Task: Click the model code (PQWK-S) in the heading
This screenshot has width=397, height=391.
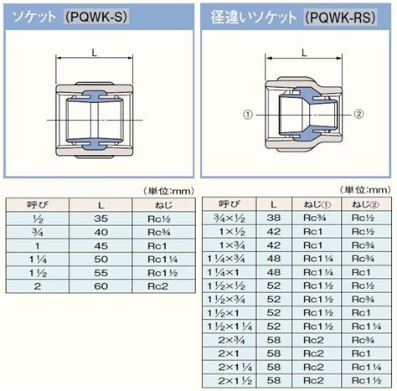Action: click(96, 17)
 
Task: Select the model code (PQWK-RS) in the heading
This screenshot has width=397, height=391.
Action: click(340, 18)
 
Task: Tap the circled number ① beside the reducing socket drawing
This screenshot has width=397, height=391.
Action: click(248, 115)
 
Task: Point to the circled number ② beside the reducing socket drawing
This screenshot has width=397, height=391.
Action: click(358, 114)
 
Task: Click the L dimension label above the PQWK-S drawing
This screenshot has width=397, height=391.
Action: click(95, 53)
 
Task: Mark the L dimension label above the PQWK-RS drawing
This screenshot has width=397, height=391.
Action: click(304, 52)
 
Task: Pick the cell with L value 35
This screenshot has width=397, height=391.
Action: click(101, 219)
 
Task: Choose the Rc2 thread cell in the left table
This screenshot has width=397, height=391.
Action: click(158, 286)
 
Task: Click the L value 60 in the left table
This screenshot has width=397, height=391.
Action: click(101, 286)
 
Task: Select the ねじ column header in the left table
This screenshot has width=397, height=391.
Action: click(164, 205)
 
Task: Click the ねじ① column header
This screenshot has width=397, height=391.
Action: click(317, 204)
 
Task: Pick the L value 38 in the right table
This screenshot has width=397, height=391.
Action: click(274, 218)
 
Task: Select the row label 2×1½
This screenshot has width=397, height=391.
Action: click(235, 381)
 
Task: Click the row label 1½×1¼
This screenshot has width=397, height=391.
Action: click(229, 327)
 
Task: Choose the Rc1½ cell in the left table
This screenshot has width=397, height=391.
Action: click(162, 273)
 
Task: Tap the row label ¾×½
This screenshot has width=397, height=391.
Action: click(229, 219)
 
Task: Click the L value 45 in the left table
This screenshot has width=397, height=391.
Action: click(101, 246)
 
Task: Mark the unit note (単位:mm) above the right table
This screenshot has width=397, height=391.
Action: click(365, 190)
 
